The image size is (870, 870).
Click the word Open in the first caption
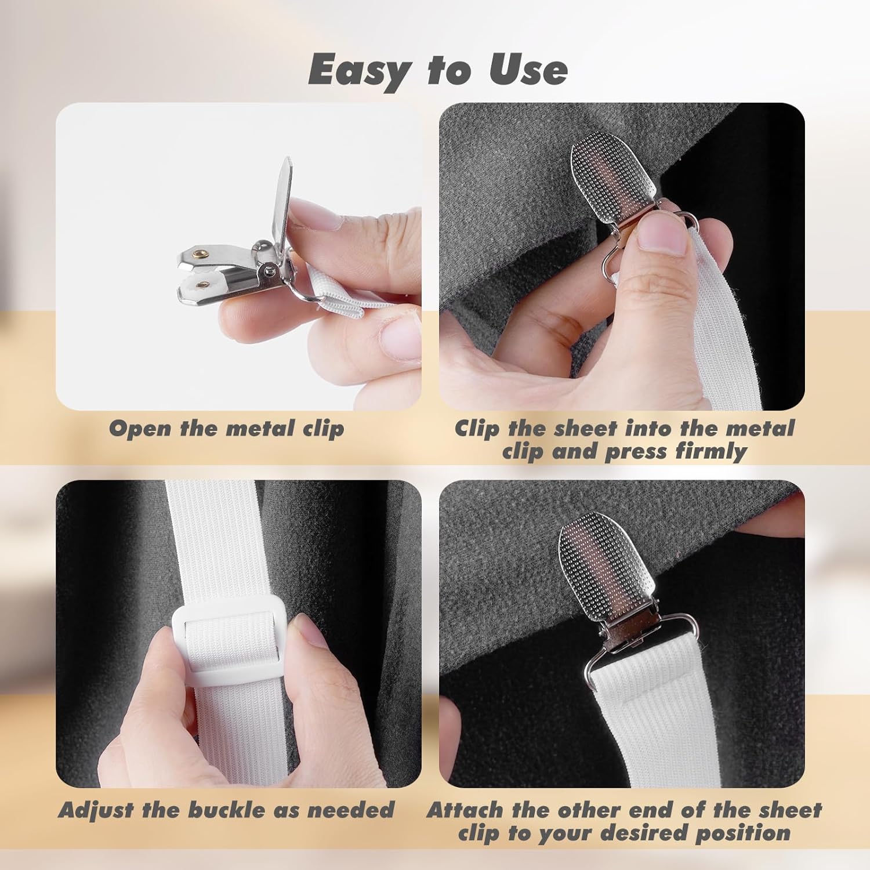coord(141,429)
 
